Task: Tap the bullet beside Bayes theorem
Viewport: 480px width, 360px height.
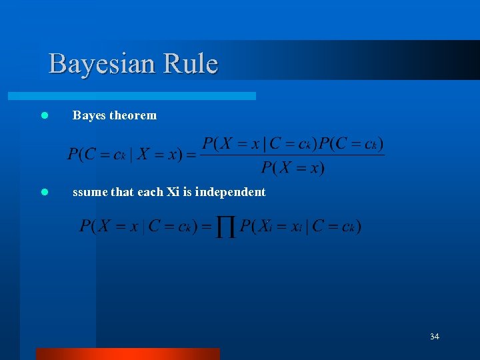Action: [x=45, y=115]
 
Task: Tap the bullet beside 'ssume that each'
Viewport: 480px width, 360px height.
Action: [x=45, y=192]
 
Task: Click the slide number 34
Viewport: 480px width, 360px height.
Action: [x=434, y=337]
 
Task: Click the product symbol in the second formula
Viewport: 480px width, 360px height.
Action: [x=227, y=227]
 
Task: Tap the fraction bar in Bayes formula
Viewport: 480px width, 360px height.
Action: [x=293, y=156]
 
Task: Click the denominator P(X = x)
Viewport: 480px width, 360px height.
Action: [x=293, y=167]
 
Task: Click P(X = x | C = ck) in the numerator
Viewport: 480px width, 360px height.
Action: [x=259, y=144]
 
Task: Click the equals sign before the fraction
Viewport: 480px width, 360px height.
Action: [x=191, y=156]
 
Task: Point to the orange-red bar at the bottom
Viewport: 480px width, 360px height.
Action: [x=127, y=353]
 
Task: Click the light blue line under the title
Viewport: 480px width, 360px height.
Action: [x=147, y=96]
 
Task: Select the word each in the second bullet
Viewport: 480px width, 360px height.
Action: [x=149, y=192]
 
